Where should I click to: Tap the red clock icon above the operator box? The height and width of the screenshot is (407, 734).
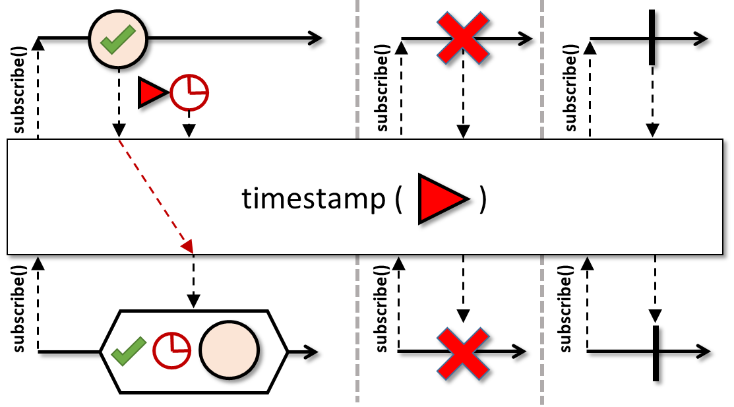pos(189,93)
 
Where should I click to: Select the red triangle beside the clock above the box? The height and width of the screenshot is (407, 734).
pos(152,93)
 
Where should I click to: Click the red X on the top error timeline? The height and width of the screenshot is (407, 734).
pos(464,38)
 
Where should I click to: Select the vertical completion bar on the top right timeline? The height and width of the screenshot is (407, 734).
pos(652,37)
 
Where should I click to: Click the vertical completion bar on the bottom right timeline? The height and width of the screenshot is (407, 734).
pos(655,352)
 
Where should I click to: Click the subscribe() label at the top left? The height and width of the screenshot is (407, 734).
pos(19,90)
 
